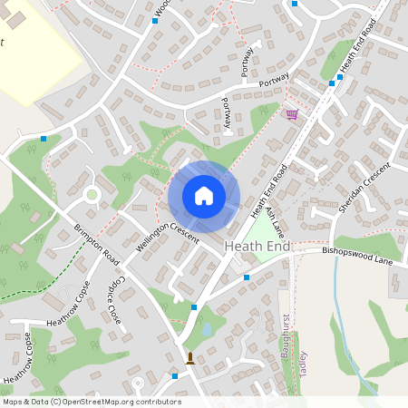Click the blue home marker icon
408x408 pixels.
[x=203, y=196]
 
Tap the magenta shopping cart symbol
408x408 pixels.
[x=291, y=114]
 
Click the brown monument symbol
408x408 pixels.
[x=190, y=358]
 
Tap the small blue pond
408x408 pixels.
[x=208, y=329]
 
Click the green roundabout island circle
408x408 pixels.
[x=91, y=194]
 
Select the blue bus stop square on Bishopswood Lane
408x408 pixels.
[x=246, y=277]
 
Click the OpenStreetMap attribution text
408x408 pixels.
[x=92, y=402]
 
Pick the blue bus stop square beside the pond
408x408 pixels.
[x=194, y=307]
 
